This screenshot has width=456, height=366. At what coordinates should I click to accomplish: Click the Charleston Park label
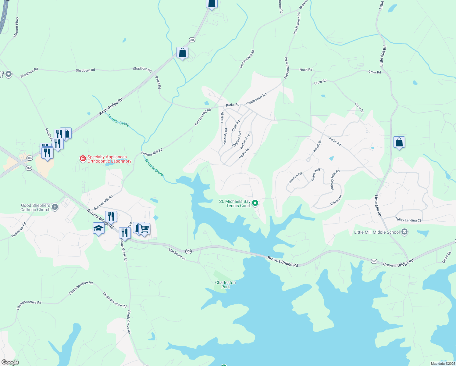225,285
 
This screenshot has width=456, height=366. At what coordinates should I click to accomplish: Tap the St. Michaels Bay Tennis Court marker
255,203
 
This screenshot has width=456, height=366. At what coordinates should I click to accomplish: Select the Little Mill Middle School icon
404,232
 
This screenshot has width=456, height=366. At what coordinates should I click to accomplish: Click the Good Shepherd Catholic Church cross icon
55,207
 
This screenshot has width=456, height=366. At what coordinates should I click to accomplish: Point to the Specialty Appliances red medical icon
83,159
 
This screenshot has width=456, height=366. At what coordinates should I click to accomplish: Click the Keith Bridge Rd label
111,106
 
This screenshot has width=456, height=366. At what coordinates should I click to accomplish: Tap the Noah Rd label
306,70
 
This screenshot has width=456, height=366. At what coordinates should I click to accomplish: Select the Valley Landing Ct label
408,220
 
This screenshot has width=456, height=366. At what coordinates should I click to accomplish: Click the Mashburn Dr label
177,254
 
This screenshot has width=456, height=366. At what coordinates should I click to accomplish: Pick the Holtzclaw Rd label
19,230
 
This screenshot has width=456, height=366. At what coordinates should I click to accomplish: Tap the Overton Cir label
295,178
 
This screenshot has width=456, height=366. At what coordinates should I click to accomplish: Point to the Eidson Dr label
336,200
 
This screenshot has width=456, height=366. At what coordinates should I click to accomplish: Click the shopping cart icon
144,228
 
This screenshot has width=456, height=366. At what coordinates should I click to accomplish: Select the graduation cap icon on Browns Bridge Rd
98,228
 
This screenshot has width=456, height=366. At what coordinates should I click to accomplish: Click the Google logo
10,362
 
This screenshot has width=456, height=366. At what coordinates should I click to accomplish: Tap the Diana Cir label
447,257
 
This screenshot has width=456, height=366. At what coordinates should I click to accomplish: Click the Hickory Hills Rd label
335,180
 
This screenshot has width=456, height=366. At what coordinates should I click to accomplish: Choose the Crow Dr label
359,108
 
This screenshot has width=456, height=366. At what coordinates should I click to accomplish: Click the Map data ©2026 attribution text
443,364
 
